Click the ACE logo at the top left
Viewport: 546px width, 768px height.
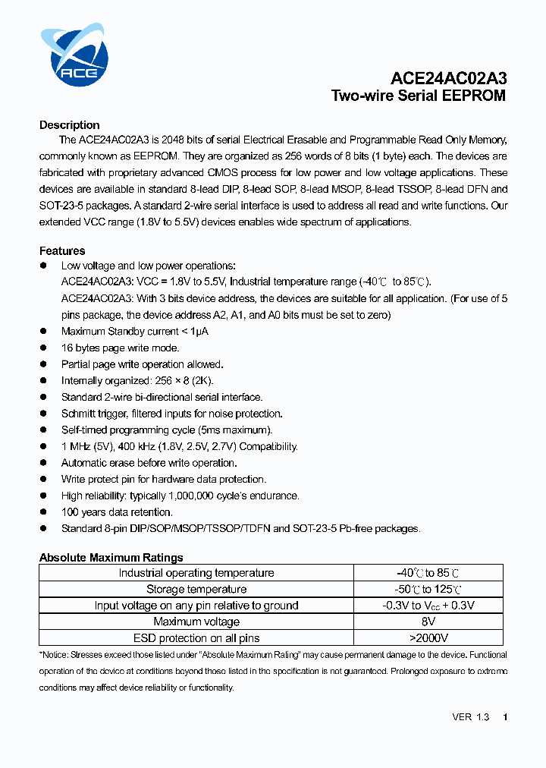coord(74,55)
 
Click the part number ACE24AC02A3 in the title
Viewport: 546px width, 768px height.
coord(449,79)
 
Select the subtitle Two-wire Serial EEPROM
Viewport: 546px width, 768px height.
coord(418,96)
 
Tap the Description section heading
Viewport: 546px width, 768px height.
coord(69,125)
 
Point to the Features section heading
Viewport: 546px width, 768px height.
coord(62,250)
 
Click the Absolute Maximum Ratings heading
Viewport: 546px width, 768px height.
coord(111,558)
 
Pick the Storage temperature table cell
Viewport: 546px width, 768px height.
coord(196,590)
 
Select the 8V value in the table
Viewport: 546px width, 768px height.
coord(428,622)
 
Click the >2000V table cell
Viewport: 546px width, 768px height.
coord(428,638)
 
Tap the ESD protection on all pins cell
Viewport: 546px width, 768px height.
coord(196,638)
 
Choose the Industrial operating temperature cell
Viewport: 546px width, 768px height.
coord(196,573)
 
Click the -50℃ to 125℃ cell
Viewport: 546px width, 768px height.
coord(428,590)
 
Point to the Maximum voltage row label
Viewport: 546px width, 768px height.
coord(196,622)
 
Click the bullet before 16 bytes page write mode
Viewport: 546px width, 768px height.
coord(43,348)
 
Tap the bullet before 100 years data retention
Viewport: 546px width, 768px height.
coord(43,512)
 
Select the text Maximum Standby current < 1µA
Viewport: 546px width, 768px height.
coord(134,332)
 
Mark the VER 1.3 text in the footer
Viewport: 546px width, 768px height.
coord(470,717)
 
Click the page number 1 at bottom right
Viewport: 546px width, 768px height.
coord(505,717)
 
